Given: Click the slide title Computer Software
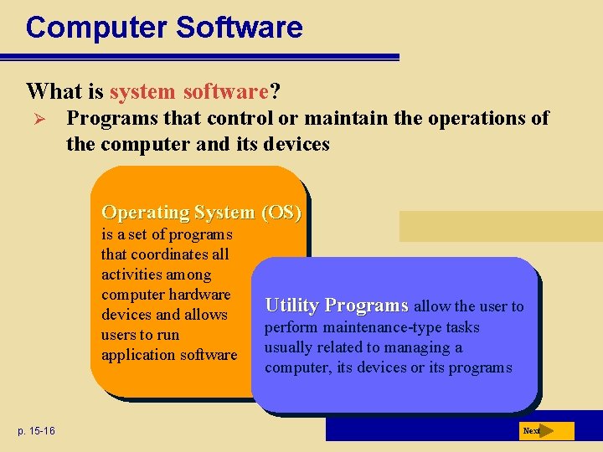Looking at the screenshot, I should [x=164, y=28].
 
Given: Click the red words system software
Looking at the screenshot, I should [x=188, y=90].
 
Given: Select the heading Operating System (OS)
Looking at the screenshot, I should [x=200, y=213].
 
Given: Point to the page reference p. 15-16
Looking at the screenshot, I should [x=34, y=431].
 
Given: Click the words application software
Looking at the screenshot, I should [x=169, y=355].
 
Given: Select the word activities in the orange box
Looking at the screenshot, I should [x=129, y=275].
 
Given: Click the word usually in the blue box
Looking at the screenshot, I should [x=288, y=347].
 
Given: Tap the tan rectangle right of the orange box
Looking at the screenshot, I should [x=500, y=226].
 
